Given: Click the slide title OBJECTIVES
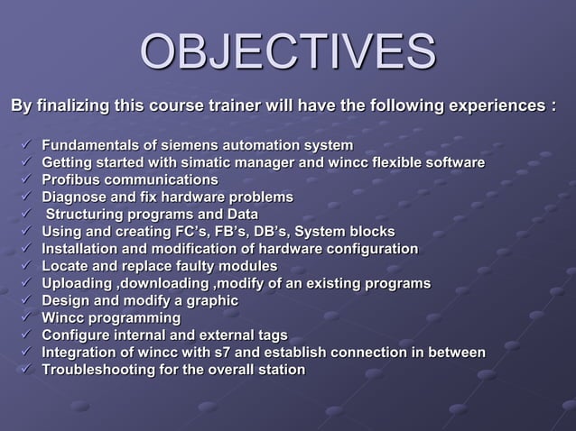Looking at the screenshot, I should (288, 52).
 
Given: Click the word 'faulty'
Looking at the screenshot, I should (182, 266).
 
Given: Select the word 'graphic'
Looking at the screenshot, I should (210, 300).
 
